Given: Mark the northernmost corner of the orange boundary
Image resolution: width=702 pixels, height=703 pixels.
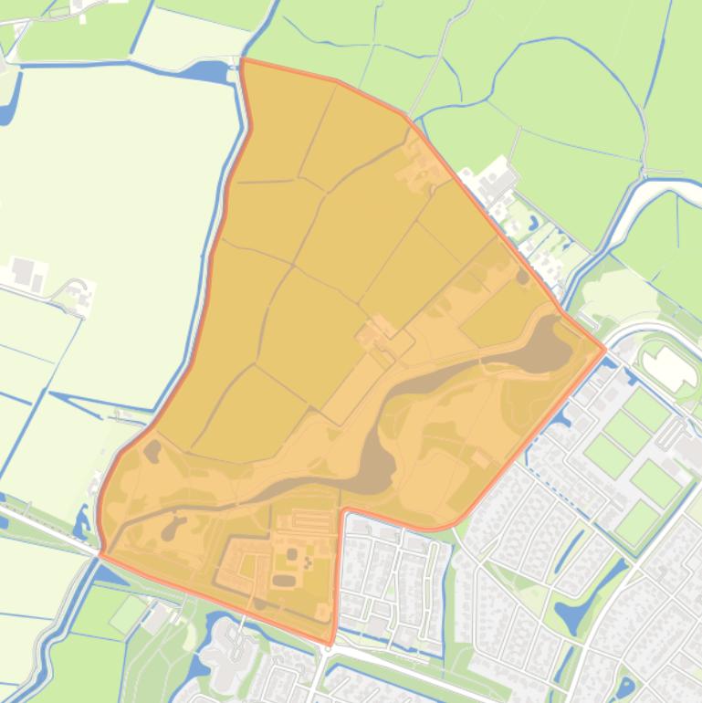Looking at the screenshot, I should pyautogui.click(x=242, y=60).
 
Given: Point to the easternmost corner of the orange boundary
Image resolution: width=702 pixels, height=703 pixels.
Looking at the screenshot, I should pyautogui.click(x=604, y=348).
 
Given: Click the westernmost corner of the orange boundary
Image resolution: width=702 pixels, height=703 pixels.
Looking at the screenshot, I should pyautogui.click(x=100, y=553).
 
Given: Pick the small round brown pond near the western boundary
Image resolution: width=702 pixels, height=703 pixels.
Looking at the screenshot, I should pyautogui.click(x=152, y=449).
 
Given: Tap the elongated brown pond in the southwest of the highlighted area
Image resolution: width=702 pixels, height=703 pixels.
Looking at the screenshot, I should pyautogui.click(x=171, y=528).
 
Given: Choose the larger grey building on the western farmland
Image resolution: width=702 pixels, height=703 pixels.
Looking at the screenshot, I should pyautogui.click(x=22, y=271).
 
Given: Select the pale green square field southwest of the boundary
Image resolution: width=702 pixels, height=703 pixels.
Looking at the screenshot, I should pyautogui.click(x=129, y=614).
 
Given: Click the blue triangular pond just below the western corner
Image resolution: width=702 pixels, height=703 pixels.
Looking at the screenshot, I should pyautogui.click(x=110, y=575).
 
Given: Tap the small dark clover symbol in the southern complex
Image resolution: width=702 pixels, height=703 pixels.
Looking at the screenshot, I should pyautogui.click(x=307, y=563).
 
